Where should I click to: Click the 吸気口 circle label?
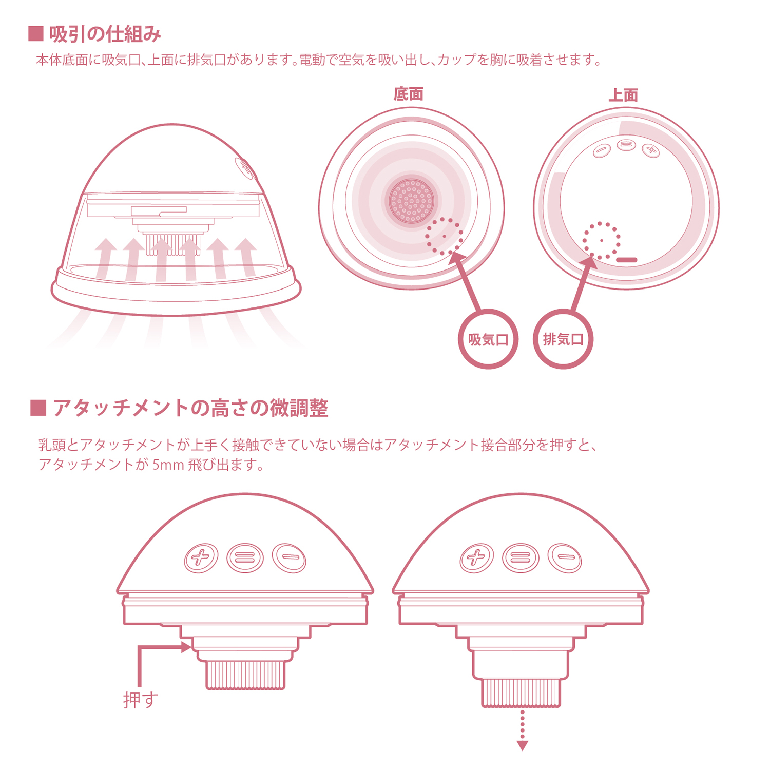click(x=488, y=339)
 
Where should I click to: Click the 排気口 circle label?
click(x=563, y=339)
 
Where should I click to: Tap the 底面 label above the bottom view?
click(x=409, y=94)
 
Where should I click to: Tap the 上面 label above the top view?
click(x=623, y=95)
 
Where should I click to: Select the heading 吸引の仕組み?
click(x=105, y=34)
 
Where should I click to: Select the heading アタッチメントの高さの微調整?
click(x=190, y=408)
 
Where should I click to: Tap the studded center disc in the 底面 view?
click(x=411, y=201)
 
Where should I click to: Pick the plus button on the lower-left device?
click(x=201, y=557)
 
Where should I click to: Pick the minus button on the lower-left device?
click(x=289, y=557)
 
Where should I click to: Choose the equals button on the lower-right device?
click(x=521, y=558)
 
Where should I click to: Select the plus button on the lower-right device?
click(x=477, y=557)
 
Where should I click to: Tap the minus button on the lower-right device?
click(x=565, y=557)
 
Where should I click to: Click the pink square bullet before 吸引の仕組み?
click(x=36, y=34)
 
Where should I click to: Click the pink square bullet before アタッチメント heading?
click(x=38, y=408)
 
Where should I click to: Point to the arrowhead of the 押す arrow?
click(x=186, y=647)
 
